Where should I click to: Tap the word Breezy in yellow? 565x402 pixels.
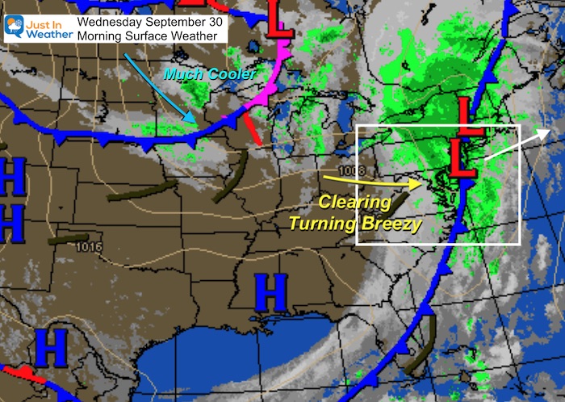(393, 224)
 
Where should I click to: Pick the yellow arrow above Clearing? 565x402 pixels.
(370, 180)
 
